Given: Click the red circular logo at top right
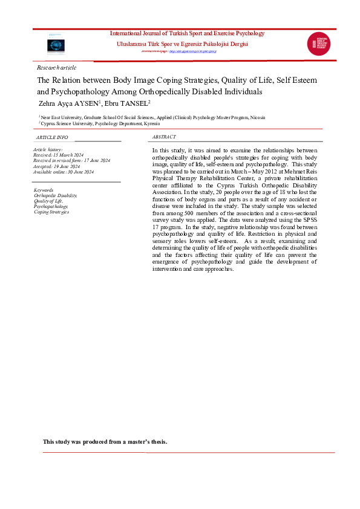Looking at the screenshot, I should (x=319, y=45).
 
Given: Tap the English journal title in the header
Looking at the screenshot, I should (x=186, y=33).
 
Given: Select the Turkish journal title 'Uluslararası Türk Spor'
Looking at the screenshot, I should (x=182, y=44).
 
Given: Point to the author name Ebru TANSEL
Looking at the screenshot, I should (x=130, y=104).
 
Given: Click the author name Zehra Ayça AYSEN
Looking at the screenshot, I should (x=70, y=104).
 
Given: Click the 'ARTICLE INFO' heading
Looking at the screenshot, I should (x=51, y=137).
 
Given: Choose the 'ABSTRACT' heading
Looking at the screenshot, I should (x=164, y=137).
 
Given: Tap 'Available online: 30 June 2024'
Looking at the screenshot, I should (x=64, y=172).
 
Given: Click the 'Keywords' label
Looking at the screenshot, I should (x=44, y=190).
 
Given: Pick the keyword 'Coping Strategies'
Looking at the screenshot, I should (x=51, y=212).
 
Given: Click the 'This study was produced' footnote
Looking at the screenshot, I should (x=105, y=441).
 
